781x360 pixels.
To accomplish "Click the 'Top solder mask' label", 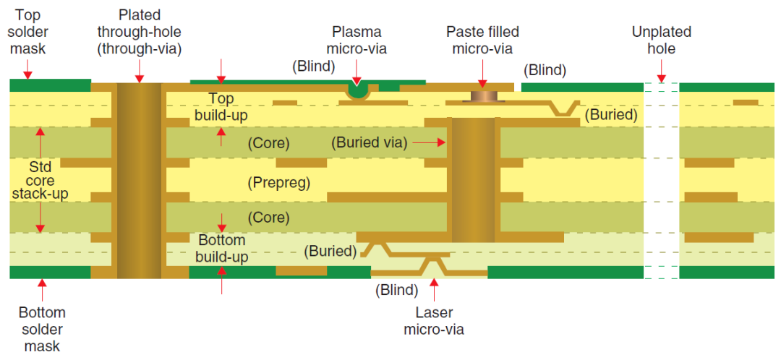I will (x=28, y=32).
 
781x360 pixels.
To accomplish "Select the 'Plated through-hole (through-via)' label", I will (x=139, y=32).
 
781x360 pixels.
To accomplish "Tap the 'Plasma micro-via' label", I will (x=357, y=40).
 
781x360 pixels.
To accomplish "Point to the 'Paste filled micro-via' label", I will (x=482, y=40).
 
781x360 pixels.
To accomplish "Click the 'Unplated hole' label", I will (x=661, y=40).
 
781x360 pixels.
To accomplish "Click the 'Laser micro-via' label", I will (x=434, y=321).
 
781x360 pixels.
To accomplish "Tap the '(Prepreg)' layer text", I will (x=278, y=182).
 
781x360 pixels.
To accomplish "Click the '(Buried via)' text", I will (x=370, y=143).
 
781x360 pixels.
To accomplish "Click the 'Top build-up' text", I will (x=222, y=106).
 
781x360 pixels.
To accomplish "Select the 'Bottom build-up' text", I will (x=221, y=248).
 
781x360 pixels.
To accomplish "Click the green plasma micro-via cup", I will (x=357, y=90).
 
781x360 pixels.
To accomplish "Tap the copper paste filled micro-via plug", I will (x=482, y=95).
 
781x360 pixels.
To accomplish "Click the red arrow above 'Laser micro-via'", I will (x=434, y=290).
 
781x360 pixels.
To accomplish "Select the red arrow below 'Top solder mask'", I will (x=28, y=69).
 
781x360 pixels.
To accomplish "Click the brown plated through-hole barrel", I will (x=139, y=181).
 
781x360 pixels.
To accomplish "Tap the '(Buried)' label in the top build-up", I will (x=611, y=114).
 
